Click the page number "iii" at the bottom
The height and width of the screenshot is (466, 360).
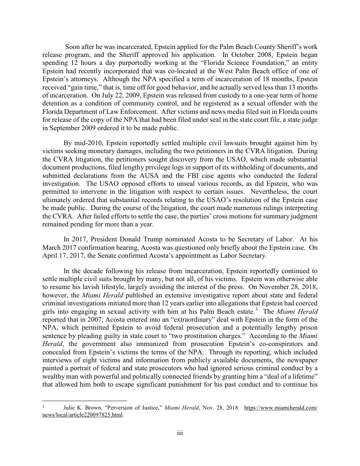point(180,433)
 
